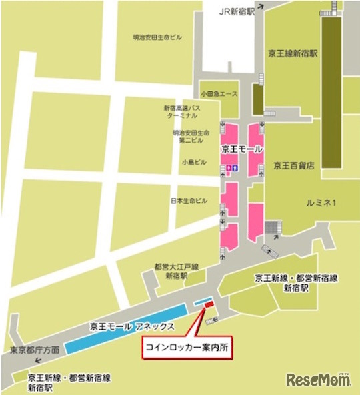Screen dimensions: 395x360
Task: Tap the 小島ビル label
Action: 193,161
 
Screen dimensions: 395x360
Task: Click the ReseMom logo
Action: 319,380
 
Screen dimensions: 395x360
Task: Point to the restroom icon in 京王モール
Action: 231,169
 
